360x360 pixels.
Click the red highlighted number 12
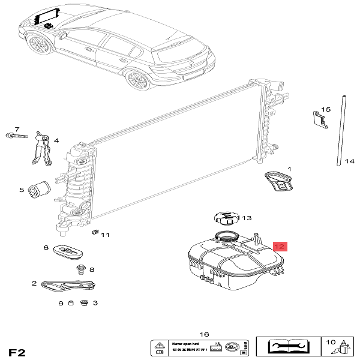[280, 246]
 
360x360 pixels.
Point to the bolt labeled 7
[17, 136]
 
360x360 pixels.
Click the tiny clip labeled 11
[95, 232]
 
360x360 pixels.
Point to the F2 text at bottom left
[16, 350]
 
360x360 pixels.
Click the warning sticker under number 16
[197, 347]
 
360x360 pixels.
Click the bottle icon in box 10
[344, 349]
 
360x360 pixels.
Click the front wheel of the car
[40, 44]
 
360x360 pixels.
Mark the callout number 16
[203, 334]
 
